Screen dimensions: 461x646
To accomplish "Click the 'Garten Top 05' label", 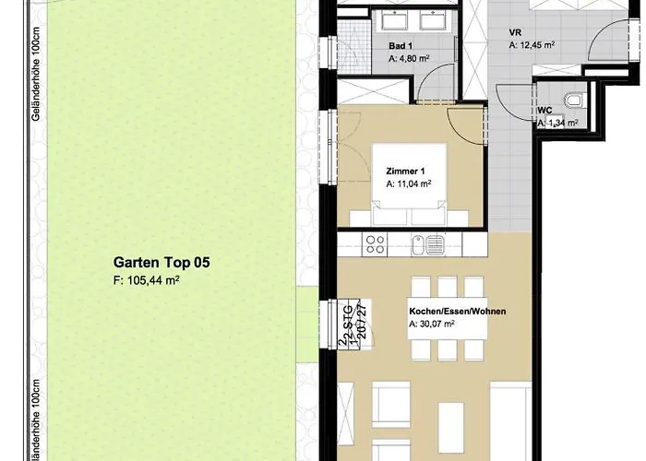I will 161,263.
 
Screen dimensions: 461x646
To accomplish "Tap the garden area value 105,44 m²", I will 146,279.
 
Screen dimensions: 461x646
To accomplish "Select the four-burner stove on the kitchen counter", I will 376,244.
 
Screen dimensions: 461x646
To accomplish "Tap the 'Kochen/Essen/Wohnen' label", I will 458,312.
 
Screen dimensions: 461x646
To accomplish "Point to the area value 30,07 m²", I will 433,325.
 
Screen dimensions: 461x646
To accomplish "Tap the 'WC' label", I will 544,110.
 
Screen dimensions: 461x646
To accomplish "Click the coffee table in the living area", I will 389,406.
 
